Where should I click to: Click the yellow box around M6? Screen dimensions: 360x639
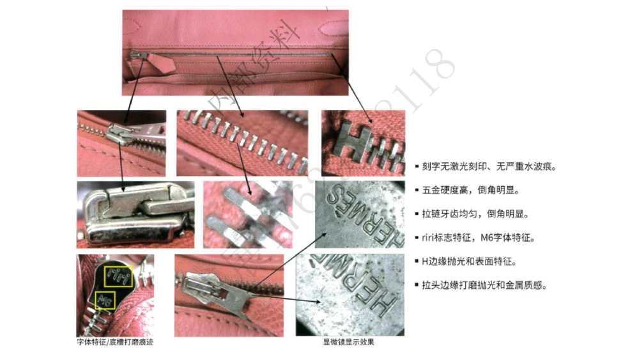pyautogui.click(x=105, y=300)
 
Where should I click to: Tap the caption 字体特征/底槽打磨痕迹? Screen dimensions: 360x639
pyautogui.click(x=115, y=342)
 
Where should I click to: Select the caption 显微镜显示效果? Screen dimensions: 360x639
pyautogui.click(x=349, y=342)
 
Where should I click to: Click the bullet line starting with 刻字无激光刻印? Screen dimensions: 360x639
pyautogui.click(x=489, y=166)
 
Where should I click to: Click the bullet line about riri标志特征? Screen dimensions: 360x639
pyautogui.click(x=478, y=237)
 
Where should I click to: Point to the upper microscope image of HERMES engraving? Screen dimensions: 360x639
pyautogui.click(x=360, y=214)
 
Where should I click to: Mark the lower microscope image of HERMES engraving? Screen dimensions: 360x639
pyautogui.click(x=350, y=295)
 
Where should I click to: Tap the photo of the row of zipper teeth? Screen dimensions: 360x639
pyautogui.click(x=242, y=143)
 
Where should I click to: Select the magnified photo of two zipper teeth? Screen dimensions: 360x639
pyautogui.click(x=247, y=214)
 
